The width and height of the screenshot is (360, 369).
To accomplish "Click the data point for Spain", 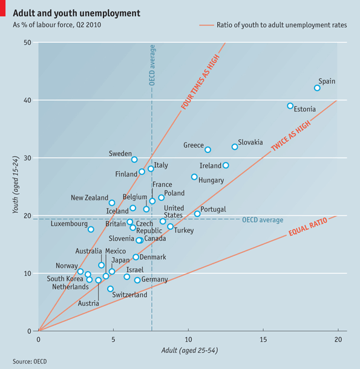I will pos(317,88).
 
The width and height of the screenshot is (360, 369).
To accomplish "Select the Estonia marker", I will pos(290,106).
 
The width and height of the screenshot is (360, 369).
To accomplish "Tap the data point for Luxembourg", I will pos(91,229).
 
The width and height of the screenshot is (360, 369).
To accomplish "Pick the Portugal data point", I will pos(197,214).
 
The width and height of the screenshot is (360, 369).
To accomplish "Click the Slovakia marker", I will pos(235,147).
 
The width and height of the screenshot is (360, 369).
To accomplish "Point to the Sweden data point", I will pos(134,160).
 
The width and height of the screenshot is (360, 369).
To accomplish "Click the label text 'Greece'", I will pos(194,145).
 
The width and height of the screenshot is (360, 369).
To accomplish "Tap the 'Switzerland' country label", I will pos(129,295).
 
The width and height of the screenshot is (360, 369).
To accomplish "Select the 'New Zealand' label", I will pos(89,198).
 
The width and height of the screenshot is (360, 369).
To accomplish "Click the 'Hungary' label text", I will pos(211,180).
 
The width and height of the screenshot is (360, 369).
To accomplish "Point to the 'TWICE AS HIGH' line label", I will pos(291,134).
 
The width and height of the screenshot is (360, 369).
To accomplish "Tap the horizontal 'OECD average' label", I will pos(263,220).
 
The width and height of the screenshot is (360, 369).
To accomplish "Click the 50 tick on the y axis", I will pos(28,42).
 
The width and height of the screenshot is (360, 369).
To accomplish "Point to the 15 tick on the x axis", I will pos(263,339).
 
